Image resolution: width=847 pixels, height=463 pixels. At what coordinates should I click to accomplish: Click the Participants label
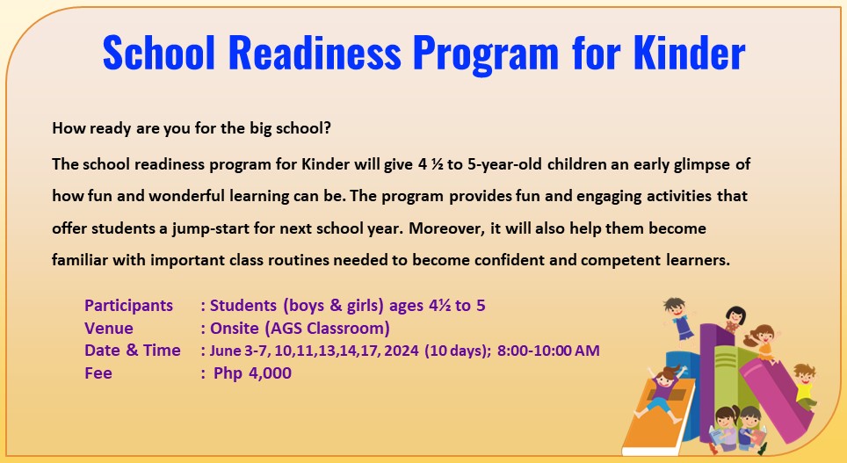click(x=128, y=306)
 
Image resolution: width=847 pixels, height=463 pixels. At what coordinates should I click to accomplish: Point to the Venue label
click(x=109, y=329)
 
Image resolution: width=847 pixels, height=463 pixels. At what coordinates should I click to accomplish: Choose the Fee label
click(x=98, y=373)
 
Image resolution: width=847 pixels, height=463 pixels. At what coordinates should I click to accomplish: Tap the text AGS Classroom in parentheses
click(x=335, y=329)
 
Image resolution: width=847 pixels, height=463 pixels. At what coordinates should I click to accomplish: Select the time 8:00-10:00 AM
click(x=548, y=351)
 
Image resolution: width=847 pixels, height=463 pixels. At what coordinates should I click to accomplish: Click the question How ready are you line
click(x=192, y=128)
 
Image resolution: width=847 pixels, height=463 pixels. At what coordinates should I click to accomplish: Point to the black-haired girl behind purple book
click(x=735, y=320)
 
